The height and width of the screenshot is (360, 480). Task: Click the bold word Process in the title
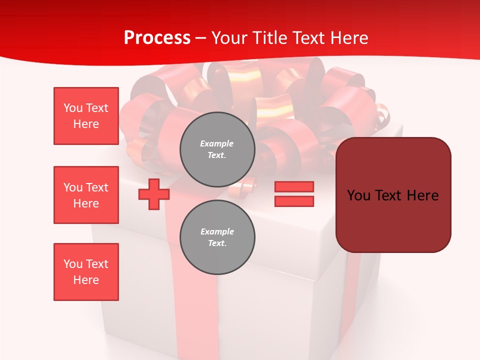point(157,38)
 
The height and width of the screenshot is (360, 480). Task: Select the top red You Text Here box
point(86,116)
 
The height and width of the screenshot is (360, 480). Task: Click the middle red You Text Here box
point(86,195)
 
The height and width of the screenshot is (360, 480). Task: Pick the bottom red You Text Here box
point(86,272)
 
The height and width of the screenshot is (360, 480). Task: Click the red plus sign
point(154,194)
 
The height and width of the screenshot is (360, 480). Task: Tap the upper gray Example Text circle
point(217,149)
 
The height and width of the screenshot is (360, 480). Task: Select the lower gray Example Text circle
point(217,237)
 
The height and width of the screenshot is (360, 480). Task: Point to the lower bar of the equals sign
point(294,201)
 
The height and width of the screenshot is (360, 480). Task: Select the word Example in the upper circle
point(217,143)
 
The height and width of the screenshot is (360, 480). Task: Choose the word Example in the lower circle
point(217,231)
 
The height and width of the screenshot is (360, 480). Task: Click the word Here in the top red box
point(86,124)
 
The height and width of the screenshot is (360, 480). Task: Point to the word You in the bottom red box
point(72,264)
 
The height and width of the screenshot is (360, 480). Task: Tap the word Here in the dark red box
point(423,195)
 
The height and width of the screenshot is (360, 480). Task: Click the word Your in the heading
point(230,38)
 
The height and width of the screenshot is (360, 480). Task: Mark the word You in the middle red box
point(72,187)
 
